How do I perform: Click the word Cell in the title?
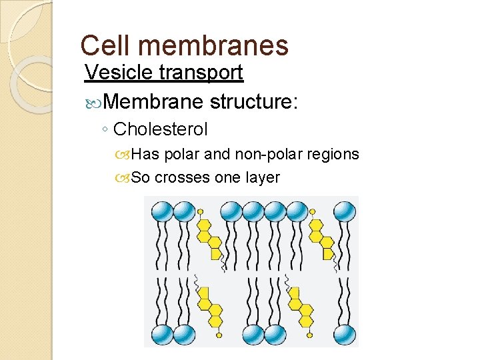(102, 45)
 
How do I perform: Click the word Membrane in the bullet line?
(153, 102)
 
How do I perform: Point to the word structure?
(253, 102)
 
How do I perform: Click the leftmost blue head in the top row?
(161, 212)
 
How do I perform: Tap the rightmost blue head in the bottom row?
(344, 333)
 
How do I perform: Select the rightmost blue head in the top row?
(344, 212)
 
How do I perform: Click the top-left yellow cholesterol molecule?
(208, 239)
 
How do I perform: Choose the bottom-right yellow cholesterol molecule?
(301, 307)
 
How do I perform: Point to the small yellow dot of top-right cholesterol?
(313, 212)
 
